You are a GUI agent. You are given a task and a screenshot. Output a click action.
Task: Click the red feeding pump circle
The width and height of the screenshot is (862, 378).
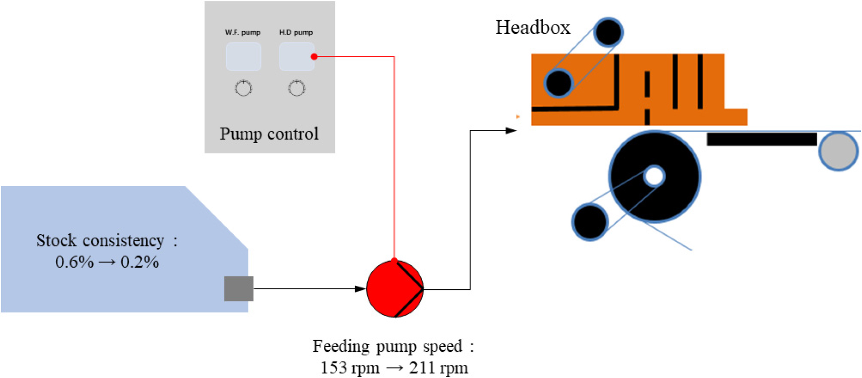tap(394, 289)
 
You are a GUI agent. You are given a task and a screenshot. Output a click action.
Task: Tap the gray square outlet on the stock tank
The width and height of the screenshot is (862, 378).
tap(239, 289)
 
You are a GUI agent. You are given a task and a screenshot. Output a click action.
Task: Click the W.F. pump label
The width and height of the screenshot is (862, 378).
tap(242, 32)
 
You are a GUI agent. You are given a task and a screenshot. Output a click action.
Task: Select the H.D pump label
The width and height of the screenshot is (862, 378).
tap(296, 32)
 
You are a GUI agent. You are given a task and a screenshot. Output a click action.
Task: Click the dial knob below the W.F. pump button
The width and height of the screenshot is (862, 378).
tap(243, 88)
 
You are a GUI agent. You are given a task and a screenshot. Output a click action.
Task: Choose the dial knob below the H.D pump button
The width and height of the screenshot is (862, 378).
tap(297, 88)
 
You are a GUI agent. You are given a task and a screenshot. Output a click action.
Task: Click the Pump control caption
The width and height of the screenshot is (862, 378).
tap(269, 134)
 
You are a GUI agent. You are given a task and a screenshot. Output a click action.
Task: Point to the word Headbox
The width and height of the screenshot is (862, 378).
tap(533, 27)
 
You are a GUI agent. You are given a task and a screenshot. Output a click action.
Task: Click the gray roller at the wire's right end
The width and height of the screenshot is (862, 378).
tap(838, 151)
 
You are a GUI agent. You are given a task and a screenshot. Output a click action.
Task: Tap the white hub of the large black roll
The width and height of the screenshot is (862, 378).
tap(654, 176)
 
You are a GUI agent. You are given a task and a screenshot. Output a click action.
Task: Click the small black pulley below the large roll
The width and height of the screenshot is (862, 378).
tap(590, 221)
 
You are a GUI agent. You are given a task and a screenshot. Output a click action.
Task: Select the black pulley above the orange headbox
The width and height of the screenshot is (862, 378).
tap(608, 32)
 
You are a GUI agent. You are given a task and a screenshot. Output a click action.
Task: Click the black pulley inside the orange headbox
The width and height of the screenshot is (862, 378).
tap(558, 83)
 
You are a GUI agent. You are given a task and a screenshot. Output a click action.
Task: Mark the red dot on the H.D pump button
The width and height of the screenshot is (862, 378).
tap(314, 56)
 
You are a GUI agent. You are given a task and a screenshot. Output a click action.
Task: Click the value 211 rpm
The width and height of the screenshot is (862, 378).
tap(438, 368)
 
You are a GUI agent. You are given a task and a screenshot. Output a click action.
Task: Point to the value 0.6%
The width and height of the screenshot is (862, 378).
tap(75, 262)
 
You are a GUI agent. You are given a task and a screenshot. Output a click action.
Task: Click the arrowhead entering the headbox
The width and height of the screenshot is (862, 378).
tap(511, 131)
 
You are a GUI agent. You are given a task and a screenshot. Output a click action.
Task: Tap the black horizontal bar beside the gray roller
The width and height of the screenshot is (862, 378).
tap(761, 139)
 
